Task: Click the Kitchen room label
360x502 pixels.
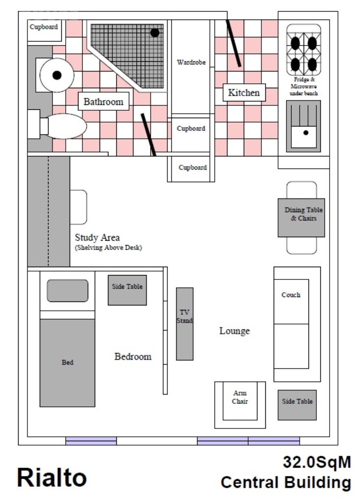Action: (244, 93)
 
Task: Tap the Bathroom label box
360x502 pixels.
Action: (103, 101)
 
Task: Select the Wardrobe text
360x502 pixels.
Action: (191, 62)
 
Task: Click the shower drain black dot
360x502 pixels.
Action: (154, 32)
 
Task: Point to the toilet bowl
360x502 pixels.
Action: (66, 126)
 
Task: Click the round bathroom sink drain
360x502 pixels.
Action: (57, 75)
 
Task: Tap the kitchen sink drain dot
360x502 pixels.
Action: (306, 132)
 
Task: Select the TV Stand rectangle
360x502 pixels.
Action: (185, 324)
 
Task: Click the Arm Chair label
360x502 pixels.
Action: (240, 397)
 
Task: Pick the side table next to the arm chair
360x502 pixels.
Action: (297, 405)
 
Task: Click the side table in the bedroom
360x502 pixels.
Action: (127, 290)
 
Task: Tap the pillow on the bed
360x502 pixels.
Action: (68, 291)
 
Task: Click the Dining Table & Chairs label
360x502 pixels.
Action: (304, 214)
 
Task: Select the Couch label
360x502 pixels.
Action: (291, 295)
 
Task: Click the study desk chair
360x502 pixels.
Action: (78, 207)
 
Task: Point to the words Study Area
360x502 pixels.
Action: (98, 238)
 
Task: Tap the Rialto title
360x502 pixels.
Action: (52, 477)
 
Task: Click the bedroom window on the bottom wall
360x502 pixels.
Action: (91, 441)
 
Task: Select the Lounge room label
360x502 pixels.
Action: (234, 331)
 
